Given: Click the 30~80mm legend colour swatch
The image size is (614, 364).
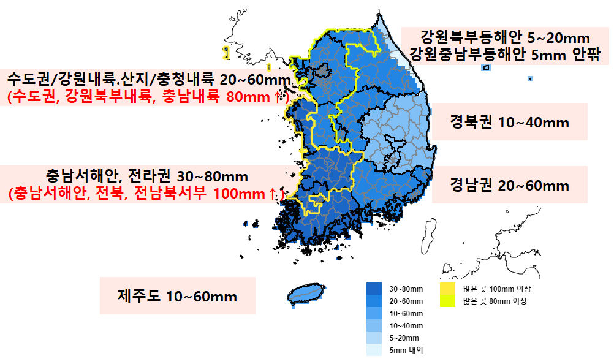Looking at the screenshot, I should pos(374,289).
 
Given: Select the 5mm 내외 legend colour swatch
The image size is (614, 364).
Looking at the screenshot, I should pos(374,350).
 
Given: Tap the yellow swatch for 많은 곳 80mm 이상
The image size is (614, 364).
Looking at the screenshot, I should pos(449,301).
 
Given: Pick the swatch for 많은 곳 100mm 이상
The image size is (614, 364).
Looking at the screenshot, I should pos(449,289).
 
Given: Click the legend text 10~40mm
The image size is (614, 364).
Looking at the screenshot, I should pos(406,325).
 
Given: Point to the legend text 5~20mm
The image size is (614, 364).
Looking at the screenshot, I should pos(404,338).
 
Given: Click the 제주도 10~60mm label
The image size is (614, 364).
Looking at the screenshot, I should pos(177,297).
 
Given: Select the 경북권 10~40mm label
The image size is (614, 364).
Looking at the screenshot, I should pos(509,123).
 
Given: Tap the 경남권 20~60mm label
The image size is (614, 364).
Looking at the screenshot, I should pos(509,185).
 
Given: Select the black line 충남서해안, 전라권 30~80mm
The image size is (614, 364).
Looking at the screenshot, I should pos(147,177).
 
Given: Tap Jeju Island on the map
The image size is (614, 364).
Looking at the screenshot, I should pos(306,294).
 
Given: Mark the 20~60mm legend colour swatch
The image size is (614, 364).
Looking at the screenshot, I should pos(374,301).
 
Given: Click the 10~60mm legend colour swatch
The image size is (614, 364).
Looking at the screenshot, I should pos(374,313).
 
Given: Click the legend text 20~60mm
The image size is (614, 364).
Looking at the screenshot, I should pos(406,301).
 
